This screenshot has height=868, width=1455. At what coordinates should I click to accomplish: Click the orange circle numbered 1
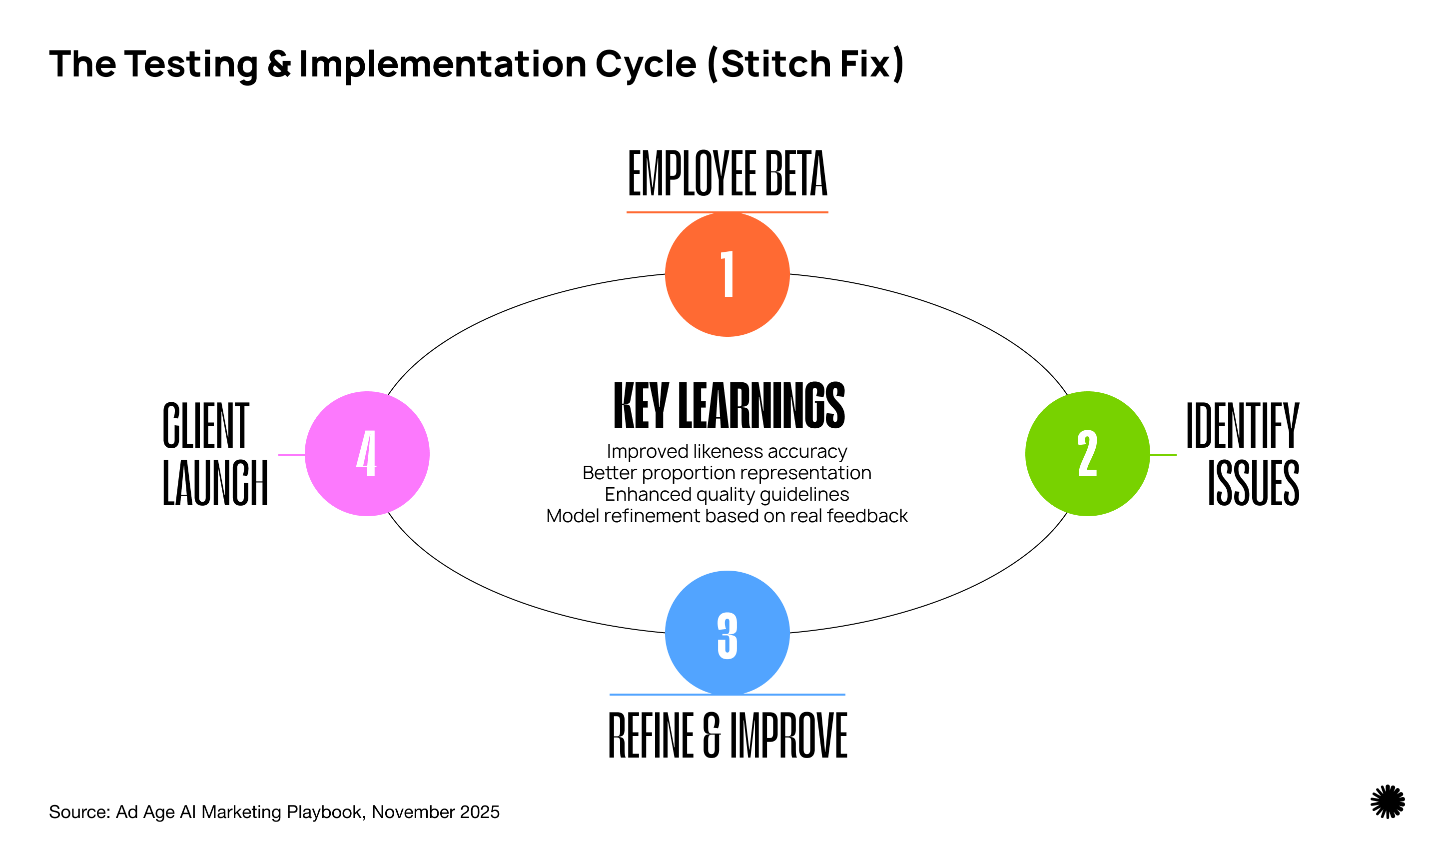[x=727, y=274]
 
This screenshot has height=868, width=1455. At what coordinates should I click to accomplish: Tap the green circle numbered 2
[x=1087, y=454]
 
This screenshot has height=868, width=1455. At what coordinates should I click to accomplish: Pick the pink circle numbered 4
[x=367, y=454]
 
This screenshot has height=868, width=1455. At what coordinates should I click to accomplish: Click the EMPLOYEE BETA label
[x=727, y=174]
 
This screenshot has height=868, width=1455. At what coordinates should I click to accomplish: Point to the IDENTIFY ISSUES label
[x=1243, y=454]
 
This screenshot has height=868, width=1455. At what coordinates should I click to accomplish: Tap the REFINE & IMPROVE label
[x=727, y=735]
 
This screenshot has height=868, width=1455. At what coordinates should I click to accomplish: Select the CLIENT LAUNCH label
[x=215, y=454]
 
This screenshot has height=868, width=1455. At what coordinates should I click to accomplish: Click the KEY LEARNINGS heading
[x=728, y=405]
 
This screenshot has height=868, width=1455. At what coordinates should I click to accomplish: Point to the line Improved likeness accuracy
[x=727, y=452]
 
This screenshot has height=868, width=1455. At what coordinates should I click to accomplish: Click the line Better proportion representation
[x=727, y=473]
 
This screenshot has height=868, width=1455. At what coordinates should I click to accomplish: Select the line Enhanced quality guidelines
[x=727, y=495]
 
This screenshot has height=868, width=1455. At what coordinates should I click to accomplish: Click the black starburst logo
[x=1387, y=802]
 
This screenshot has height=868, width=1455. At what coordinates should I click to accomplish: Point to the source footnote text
[x=274, y=813]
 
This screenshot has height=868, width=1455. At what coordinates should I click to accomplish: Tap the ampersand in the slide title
[x=279, y=64]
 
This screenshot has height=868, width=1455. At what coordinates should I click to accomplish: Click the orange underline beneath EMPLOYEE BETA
[x=727, y=212]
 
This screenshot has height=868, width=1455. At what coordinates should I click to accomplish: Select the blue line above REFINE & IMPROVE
[x=727, y=695]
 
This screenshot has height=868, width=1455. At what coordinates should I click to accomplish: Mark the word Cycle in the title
[x=646, y=64]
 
